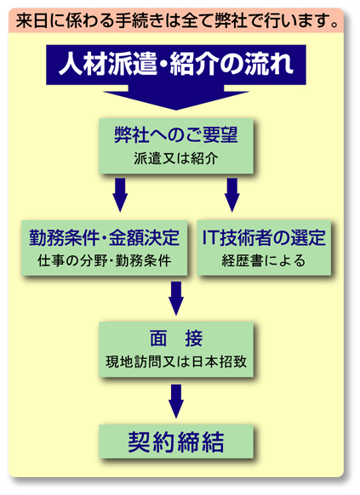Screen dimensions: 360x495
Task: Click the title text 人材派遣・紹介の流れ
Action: pyautogui.click(x=176, y=64)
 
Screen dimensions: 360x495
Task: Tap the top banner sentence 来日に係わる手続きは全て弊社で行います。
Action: pyautogui.click(x=177, y=20)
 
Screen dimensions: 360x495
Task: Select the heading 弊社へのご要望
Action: pyautogui.click(x=176, y=134)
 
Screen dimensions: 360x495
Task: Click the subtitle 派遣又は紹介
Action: pyautogui.click(x=176, y=158)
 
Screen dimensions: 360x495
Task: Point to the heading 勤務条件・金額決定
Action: pyautogui.click(x=104, y=237)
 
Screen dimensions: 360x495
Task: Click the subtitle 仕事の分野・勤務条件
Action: pyautogui.click(x=104, y=261)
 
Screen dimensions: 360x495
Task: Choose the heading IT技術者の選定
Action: pyautogui.click(x=264, y=237)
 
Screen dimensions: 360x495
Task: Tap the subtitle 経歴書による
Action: pyautogui.click(x=264, y=261)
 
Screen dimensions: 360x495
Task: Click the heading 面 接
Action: pyautogui.click(x=176, y=339)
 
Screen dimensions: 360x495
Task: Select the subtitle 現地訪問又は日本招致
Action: pyautogui.click(x=176, y=361)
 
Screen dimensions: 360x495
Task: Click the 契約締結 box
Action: pyautogui.click(x=176, y=441)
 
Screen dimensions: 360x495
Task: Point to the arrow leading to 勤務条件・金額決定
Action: pyautogui.click(x=120, y=195)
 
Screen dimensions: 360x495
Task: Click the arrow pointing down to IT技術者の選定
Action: pyautogui.click(x=232, y=195)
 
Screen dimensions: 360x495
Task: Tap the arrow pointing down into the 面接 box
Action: pyautogui.click(x=176, y=298)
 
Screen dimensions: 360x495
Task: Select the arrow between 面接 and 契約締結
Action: pyautogui.click(x=176, y=401)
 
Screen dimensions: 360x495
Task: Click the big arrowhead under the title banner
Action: pyautogui.click(x=176, y=100)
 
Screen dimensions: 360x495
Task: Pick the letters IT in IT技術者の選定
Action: pyautogui.click(x=209, y=237)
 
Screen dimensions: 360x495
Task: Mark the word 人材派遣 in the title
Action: pyautogui.click(x=107, y=64)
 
